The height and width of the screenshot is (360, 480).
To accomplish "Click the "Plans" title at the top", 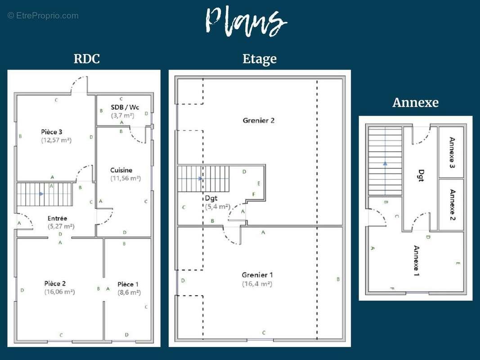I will pos(245,21).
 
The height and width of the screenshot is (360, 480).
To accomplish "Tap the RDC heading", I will pos(86,59).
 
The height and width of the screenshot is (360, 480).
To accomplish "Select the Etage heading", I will pos(260,59).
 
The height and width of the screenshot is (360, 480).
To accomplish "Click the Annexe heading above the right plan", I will pos(415,103).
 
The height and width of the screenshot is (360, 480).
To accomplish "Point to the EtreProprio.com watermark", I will pos(43,16).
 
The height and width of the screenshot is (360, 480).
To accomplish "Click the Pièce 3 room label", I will pos(52,132).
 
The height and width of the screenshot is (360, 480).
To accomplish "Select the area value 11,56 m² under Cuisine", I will pos(126,178).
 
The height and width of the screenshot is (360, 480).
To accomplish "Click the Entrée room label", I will pos(57,218).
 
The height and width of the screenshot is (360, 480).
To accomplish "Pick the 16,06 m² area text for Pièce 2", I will pos(59,292).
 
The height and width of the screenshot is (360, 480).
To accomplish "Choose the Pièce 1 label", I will pos(128,284).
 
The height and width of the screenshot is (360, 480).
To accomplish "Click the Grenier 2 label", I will pos(258,120).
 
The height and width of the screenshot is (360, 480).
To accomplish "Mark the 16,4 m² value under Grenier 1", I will pos(257,284).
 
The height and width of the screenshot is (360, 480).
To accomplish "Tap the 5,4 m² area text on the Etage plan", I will pos(217,207).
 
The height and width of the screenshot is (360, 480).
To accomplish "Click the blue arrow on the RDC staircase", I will pos(41,194).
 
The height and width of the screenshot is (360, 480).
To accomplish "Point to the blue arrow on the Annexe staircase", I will pos(385,163).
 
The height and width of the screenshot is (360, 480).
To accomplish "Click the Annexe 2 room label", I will pos(452,205).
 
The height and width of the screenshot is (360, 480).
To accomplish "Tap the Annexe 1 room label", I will pos(416,261).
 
